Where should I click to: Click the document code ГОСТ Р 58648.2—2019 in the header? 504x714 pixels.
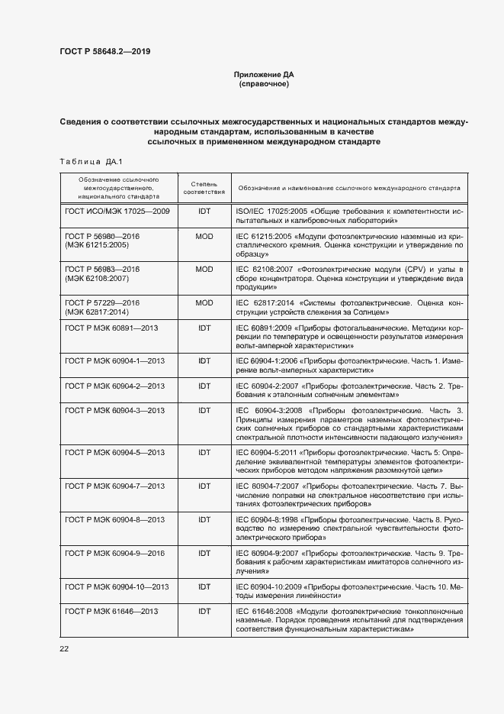111,53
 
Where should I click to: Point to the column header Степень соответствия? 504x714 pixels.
204,187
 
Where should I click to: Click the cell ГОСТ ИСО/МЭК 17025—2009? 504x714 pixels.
117,209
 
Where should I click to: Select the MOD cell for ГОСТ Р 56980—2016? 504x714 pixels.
204,237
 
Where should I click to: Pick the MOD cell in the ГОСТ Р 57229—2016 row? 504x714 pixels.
204,302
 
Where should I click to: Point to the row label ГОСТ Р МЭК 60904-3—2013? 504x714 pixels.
115,410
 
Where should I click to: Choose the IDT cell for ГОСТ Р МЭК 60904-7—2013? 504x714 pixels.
204,486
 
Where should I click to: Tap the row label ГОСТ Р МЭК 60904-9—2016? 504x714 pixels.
115,552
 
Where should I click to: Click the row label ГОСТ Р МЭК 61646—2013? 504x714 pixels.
112,612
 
